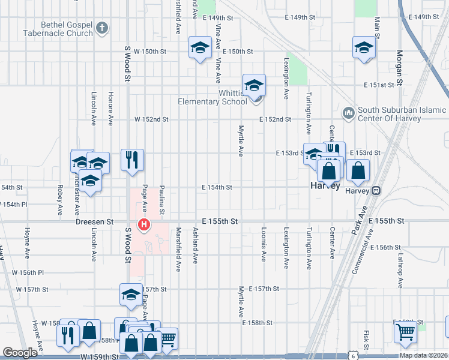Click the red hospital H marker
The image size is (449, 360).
point(144,226)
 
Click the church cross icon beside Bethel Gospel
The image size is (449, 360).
point(103,28)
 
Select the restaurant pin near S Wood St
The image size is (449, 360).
point(132,160)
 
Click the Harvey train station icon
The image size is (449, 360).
point(376,191)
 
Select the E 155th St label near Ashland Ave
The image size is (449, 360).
point(220,221)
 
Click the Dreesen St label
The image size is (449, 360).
point(95,221)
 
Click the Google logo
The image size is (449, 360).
point(20,353)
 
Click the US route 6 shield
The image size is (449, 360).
point(355,355)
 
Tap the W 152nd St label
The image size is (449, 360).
point(151,119)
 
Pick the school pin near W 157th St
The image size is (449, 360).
point(131,295)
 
